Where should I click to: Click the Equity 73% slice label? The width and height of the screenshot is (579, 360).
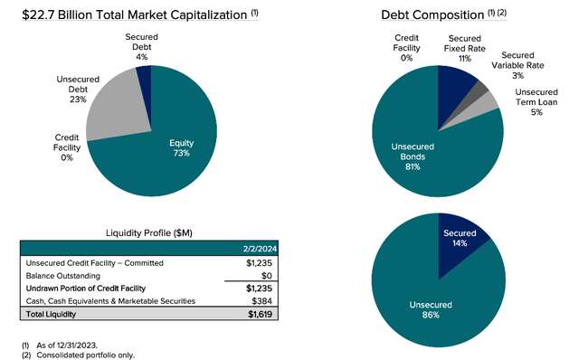coord(185,148)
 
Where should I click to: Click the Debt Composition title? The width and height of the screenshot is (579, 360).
coord(422,14)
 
